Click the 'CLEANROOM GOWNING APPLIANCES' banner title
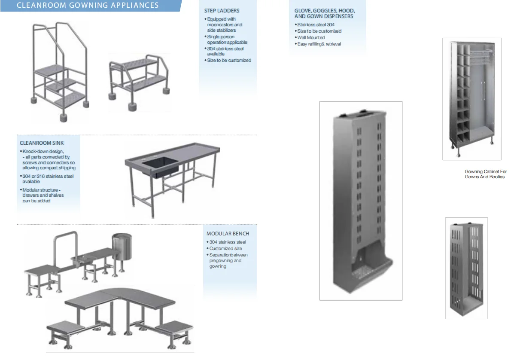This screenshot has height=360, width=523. (x=88, y=6)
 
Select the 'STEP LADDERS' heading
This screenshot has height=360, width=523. (x=222, y=11)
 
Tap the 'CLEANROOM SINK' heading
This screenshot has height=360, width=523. (x=42, y=143)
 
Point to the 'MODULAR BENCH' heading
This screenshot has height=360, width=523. (x=228, y=234)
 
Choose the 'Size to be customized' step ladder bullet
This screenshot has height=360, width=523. (x=229, y=61)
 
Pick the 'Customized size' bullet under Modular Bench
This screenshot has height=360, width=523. (x=225, y=249)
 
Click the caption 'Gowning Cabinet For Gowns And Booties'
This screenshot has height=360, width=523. (x=486, y=174)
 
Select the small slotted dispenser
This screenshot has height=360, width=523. (x=466, y=268)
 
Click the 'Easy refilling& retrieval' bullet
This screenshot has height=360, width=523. (x=319, y=44)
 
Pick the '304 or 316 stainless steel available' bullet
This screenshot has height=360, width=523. (x=48, y=179)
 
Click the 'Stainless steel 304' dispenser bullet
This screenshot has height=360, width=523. (x=316, y=25)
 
